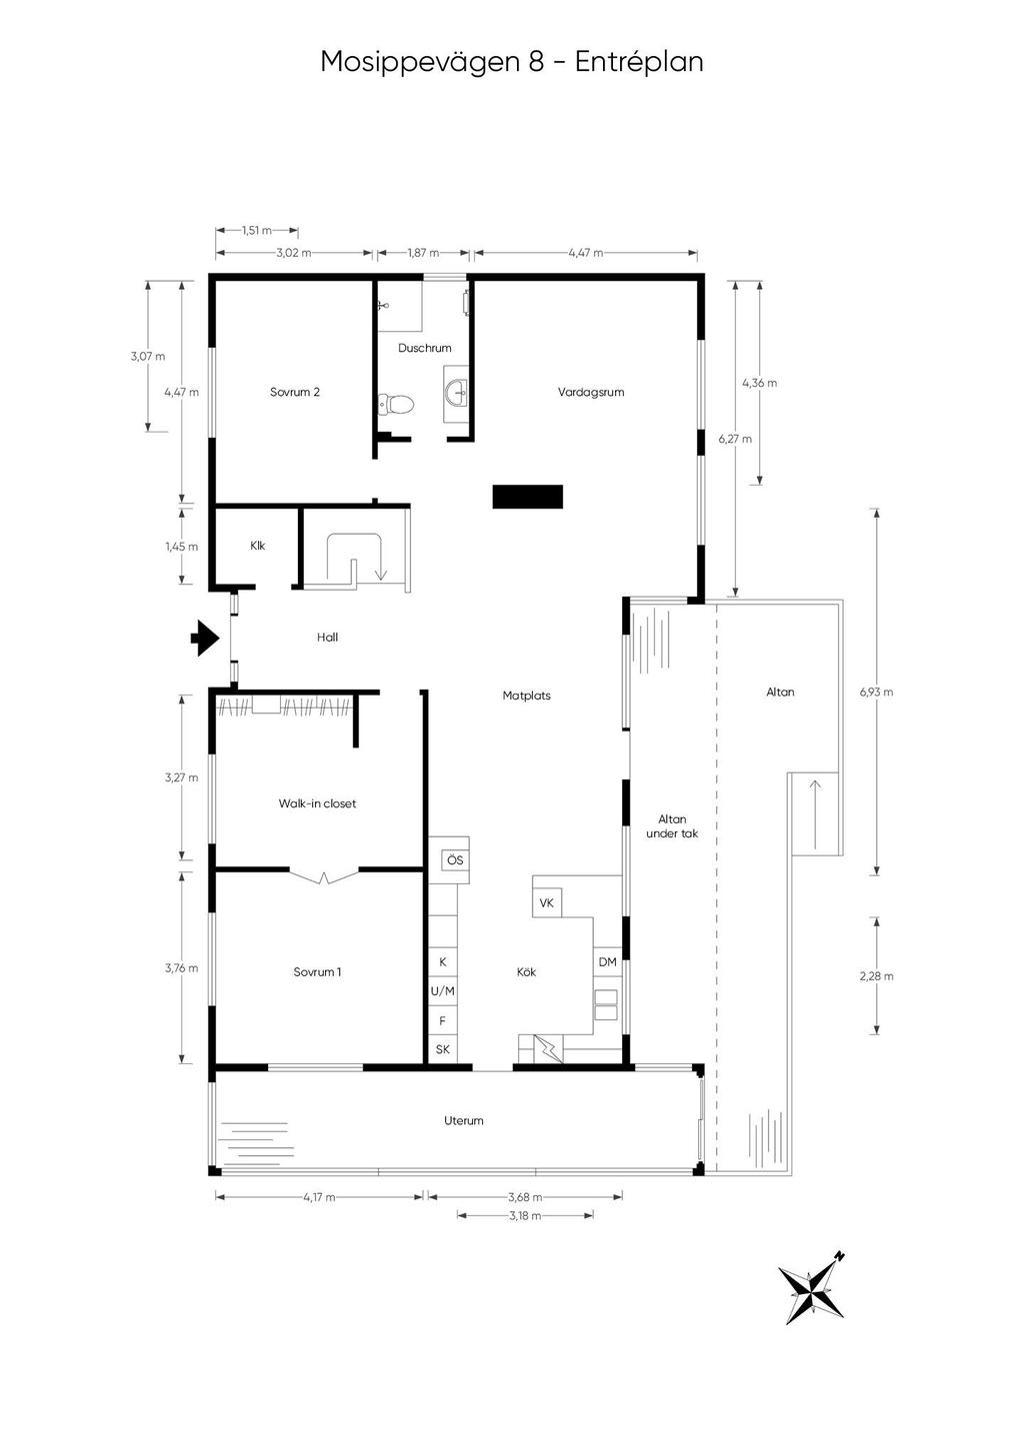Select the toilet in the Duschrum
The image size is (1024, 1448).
click(397, 404)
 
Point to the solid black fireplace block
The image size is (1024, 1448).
click(527, 497)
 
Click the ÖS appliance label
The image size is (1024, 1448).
click(455, 860)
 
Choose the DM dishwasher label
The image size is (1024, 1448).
click(607, 962)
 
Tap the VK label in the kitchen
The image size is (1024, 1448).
click(546, 902)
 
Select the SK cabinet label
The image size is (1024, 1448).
click(442, 1049)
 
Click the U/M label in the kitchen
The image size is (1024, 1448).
click(442, 990)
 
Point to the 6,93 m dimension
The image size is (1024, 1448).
click(876, 692)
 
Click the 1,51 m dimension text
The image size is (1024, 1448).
click(257, 230)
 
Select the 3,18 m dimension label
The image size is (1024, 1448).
click(525, 1215)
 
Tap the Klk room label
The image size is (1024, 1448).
click(257, 545)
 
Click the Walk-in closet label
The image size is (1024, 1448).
click(317, 802)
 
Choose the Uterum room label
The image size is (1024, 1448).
click(463, 1120)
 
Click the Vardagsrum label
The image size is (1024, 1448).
click(591, 391)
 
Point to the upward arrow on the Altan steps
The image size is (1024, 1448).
click(814, 814)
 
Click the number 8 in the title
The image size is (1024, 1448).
click(536, 62)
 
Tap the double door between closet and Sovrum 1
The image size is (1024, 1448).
click(323, 876)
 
